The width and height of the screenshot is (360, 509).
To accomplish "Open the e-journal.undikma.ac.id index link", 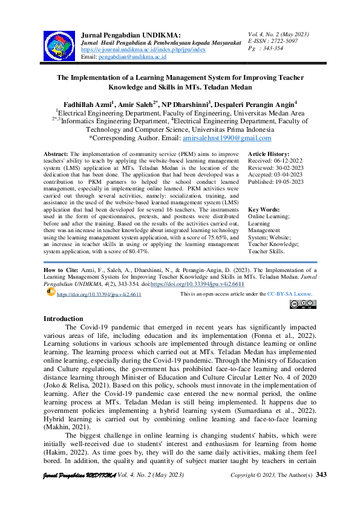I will coord(143,50).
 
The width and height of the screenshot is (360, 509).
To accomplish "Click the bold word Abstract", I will coord(56,155).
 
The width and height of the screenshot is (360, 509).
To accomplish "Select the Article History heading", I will coord(269,155).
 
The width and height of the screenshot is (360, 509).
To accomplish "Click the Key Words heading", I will coord(264,209).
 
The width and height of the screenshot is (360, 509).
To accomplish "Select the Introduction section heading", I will coord(64,319).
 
